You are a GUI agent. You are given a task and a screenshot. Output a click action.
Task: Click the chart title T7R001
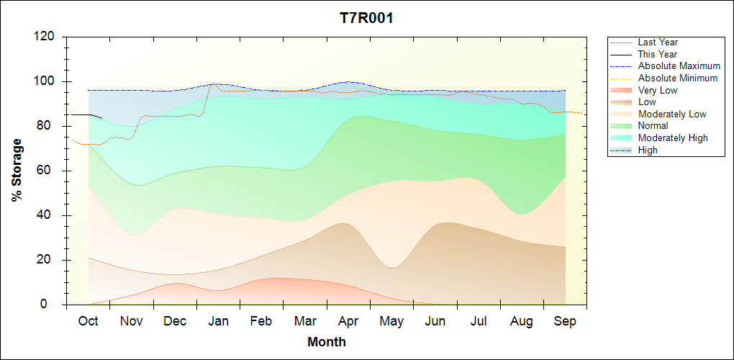(x=366, y=19)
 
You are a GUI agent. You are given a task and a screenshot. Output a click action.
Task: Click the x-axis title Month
(x=326, y=342)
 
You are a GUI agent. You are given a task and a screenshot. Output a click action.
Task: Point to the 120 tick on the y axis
(x=46, y=37)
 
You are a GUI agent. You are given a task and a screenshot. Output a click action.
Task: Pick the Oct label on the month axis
(x=88, y=321)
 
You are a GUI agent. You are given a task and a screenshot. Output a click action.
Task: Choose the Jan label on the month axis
(x=218, y=321)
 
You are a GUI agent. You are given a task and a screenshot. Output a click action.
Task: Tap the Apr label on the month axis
(x=348, y=321)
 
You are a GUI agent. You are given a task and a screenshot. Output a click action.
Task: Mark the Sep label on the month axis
(x=565, y=321)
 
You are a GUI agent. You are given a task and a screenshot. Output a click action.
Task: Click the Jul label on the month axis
(x=479, y=321)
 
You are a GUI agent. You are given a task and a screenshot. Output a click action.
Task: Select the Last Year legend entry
(x=658, y=42)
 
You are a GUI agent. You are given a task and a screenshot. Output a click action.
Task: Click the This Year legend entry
(x=658, y=54)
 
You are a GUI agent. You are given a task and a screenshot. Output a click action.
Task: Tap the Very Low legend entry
(x=658, y=90)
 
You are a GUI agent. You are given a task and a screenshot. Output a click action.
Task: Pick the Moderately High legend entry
(x=673, y=138)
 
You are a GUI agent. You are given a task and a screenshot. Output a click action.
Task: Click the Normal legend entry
(x=653, y=125)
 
